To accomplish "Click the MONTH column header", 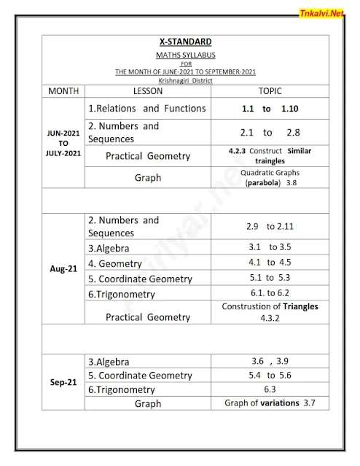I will (63, 92).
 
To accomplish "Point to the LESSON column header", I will (148, 92).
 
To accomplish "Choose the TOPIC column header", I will (270, 92).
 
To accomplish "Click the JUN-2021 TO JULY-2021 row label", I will (63, 144).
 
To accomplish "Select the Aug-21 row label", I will (63, 268).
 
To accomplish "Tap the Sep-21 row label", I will (63, 381).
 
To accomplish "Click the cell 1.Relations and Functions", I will (146, 109).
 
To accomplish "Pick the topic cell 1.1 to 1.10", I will (270, 109).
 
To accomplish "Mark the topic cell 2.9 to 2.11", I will (270, 226).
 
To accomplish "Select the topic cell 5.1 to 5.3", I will (270, 278).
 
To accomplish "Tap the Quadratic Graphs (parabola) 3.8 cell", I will (270, 177).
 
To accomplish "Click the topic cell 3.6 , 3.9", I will (270, 361).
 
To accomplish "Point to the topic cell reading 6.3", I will (270, 389).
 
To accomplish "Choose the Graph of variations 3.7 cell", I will (270, 403).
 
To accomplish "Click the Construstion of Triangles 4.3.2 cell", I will (270, 312).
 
